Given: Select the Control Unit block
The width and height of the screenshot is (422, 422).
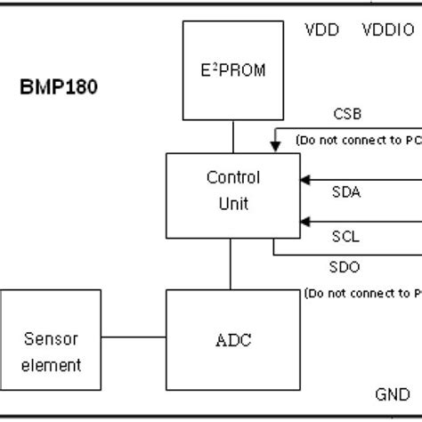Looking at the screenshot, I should click(232, 195).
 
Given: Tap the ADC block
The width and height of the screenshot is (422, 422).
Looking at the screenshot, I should click(232, 337).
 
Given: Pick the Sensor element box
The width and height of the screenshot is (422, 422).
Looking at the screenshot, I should click(51, 351).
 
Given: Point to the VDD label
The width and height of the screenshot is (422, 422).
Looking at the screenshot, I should click(321, 29).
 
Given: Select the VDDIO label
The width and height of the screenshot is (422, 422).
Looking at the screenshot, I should click(387, 29).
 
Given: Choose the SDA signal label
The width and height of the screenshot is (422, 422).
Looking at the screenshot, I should click(346, 191).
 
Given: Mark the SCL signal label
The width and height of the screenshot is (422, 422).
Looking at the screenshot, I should click(346, 238).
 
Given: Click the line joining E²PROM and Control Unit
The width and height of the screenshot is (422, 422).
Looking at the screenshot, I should click(233, 138).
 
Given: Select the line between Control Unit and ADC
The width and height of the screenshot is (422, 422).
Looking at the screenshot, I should click(232, 264).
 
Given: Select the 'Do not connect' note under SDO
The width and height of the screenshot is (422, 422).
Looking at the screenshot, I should click(361, 292).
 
